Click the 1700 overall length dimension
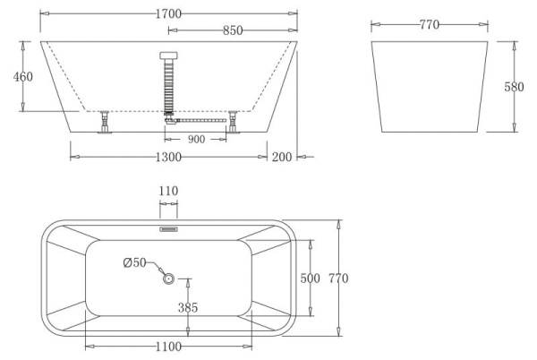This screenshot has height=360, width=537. (168, 13)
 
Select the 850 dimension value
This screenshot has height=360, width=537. (232, 30)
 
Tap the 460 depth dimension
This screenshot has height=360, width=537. (23, 77)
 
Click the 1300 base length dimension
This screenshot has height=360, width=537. (169, 157)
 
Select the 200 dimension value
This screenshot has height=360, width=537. (283, 157)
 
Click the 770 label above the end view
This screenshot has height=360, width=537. (429, 24)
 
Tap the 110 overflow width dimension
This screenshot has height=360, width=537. (168, 191)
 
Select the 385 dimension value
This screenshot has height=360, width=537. (190, 307)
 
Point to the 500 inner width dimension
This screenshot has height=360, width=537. (310, 279)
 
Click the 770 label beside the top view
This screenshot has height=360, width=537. (338, 279)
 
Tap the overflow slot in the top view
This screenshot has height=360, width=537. (168, 228)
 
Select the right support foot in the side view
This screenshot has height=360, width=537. (234, 123)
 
